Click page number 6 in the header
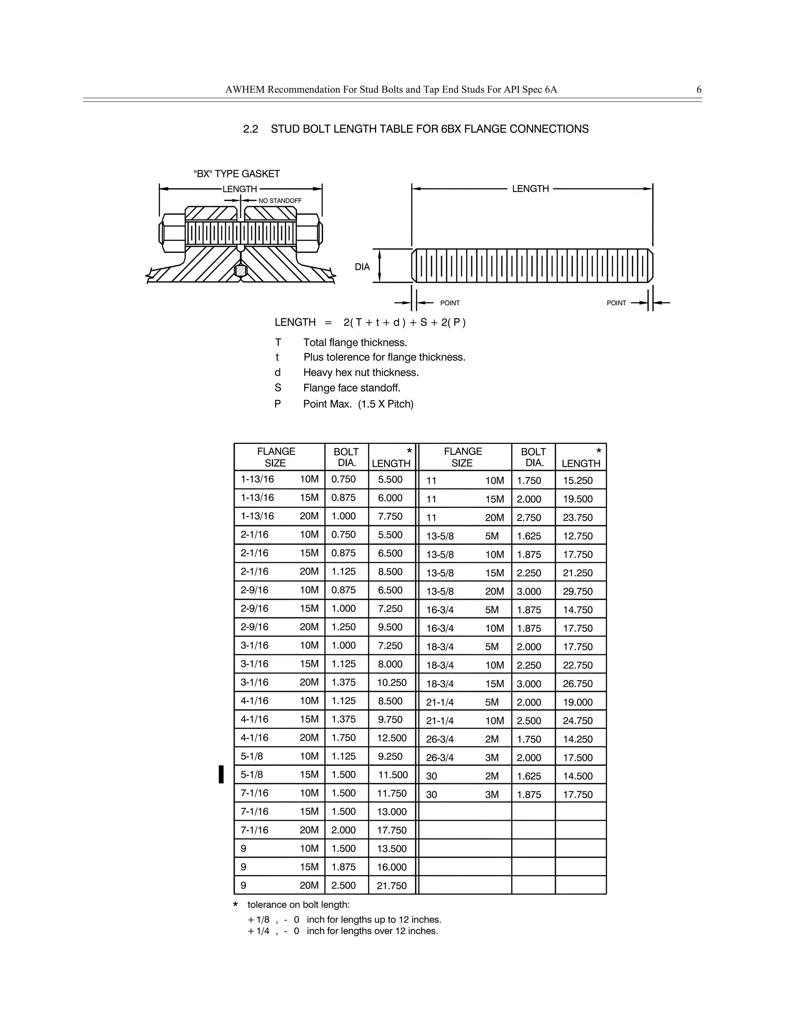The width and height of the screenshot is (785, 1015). pos(698,90)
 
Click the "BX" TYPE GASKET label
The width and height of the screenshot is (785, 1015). pos(237,174)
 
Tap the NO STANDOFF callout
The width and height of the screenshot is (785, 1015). pos(280,201)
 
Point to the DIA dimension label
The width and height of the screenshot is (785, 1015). pos(362,267)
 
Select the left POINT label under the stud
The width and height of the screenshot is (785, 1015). pos(450,303)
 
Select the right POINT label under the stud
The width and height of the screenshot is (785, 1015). pos(616,303)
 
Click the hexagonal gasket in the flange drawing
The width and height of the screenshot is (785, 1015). pos(240,270)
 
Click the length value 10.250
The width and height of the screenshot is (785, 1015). pos(392,682)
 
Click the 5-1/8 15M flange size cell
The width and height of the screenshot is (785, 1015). pos(279,775)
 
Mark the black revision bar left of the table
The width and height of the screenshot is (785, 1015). pos(222,774)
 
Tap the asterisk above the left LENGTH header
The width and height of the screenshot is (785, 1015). pos(409,451)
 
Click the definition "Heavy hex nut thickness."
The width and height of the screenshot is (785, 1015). pos(361,373)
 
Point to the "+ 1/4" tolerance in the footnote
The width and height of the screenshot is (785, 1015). pos(259,931)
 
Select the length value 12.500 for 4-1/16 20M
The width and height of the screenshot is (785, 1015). pos(392,738)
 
